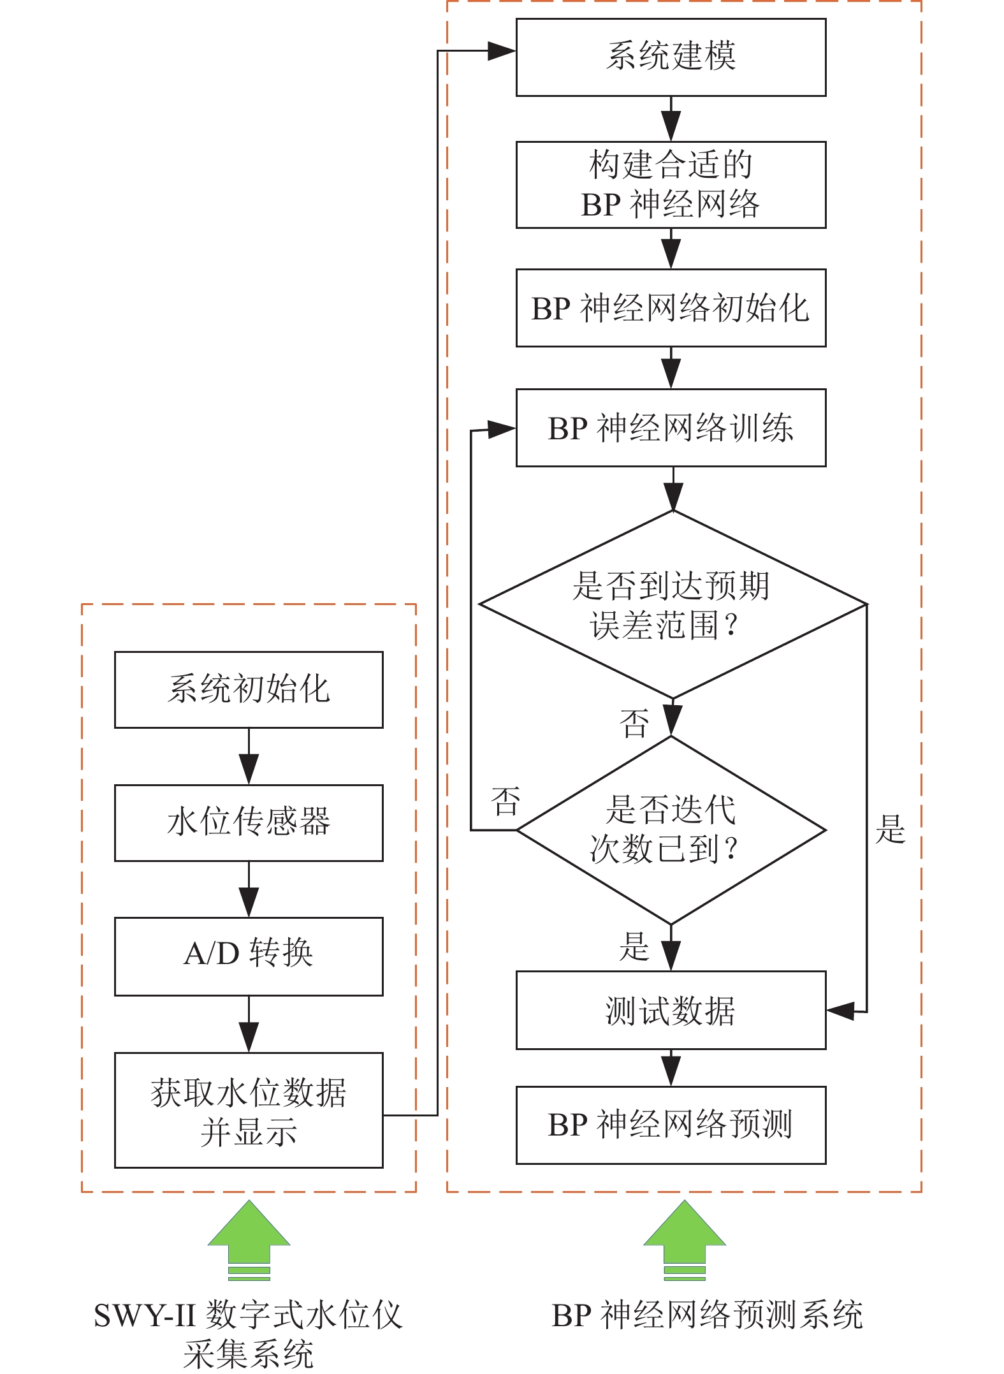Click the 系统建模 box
[671, 57]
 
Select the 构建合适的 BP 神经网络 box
[671, 184]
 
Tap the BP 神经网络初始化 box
[671, 308]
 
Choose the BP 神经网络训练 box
[671, 428]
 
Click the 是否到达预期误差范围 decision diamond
[672, 604]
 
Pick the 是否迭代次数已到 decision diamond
[671, 830]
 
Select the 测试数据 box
[671, 1011]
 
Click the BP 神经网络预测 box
[671, 1125]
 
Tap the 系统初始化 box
[249, 689]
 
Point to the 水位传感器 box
[249, 822]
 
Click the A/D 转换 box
[249, 956]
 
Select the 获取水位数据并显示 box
[249, 1110]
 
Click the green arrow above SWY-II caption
[249, 1240]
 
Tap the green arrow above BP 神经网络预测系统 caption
[685, 1240]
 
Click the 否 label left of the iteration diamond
[506, 802]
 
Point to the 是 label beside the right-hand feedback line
[890, 830]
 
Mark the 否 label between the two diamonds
[634, 724]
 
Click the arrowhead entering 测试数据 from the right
[840, 1011]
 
